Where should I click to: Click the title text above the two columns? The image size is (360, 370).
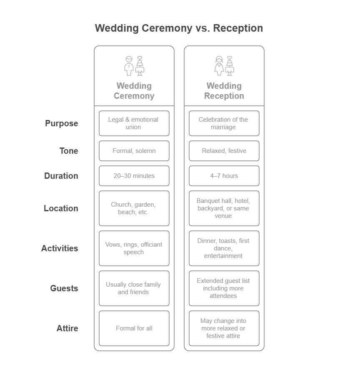coord(178,29)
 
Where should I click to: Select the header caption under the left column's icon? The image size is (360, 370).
coord(135,90)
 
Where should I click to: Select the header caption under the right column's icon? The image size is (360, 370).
coord(225,90)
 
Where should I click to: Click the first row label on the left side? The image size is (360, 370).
coord(62,124)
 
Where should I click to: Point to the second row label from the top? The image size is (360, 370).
coord(69,152)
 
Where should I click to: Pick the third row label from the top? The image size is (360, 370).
coord(62,176)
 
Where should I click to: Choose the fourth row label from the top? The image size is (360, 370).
coord(62,209)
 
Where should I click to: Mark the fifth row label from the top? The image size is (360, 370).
coord(60,249)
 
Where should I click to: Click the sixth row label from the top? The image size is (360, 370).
coord(65,289)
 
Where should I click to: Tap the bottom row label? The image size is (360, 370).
coord(67,329)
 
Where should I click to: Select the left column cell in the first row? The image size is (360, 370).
coord(133,123)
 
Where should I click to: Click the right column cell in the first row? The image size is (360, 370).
coord(223,123)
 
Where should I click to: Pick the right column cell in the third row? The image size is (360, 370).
coord(224,176)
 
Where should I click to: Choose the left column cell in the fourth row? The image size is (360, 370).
coord(133,208)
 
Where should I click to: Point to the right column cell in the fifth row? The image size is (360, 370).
coord(223,248)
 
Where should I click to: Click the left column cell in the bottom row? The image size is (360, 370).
coord(133,329)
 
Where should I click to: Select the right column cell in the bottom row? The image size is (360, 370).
coord(223,328)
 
